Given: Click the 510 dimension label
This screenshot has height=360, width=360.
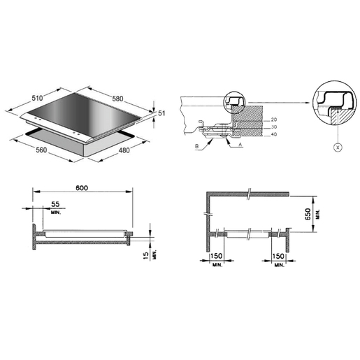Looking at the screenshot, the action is [x=37, y=98].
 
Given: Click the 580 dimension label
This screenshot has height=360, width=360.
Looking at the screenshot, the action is [x=117, y=99].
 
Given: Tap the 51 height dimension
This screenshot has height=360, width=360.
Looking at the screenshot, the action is [x=161, y=113].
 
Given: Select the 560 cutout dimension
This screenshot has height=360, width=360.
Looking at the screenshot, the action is [x=41, y=150].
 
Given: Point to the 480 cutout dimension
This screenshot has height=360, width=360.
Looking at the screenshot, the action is [x=124, y=150].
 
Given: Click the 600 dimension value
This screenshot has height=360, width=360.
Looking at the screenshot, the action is [x=82, y=188].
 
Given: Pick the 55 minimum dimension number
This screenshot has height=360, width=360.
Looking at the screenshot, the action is [x=55, y=204].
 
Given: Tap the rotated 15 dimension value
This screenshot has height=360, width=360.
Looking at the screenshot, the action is [x=145, y=255].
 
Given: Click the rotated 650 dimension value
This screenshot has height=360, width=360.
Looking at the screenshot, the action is [x=308, y=214].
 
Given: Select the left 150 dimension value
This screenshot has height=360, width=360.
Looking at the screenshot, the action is [x=216, y=256].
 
